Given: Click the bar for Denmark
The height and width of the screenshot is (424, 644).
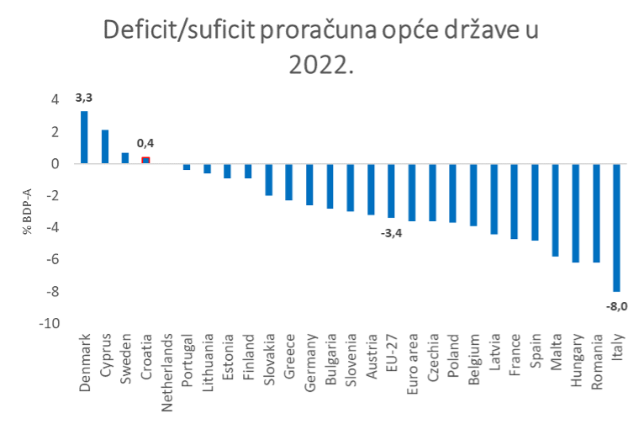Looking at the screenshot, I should pos(84,138).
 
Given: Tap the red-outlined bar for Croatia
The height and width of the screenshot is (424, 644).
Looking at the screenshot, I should pos(145,160).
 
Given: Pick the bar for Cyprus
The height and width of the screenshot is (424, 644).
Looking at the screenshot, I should pos(105,147).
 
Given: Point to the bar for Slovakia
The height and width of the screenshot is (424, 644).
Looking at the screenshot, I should pos(268,180).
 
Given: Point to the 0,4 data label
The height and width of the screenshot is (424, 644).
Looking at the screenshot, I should pos(145,143).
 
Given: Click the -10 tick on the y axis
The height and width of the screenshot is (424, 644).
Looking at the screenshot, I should pos(50,324).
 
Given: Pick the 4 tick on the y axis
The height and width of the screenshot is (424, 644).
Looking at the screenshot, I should pos(55,100).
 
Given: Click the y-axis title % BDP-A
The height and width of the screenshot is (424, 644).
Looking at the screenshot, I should pos(28,211).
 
